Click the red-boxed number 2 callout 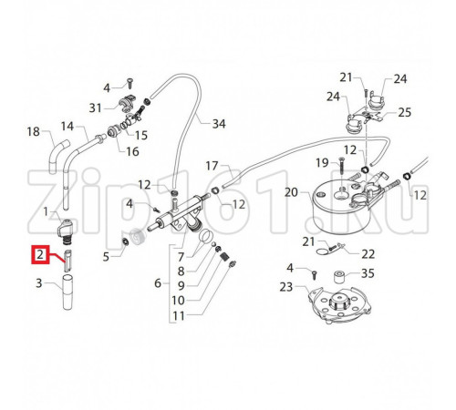40,254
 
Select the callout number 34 219,124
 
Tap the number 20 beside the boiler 292,192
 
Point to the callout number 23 286,287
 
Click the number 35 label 368,273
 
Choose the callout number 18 34,132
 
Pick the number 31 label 95,108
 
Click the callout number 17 212,166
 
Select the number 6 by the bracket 158,283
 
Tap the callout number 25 405,112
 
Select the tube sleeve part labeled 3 67,292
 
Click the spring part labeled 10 224,257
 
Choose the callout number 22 368,254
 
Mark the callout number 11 179,316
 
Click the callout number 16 132,151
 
